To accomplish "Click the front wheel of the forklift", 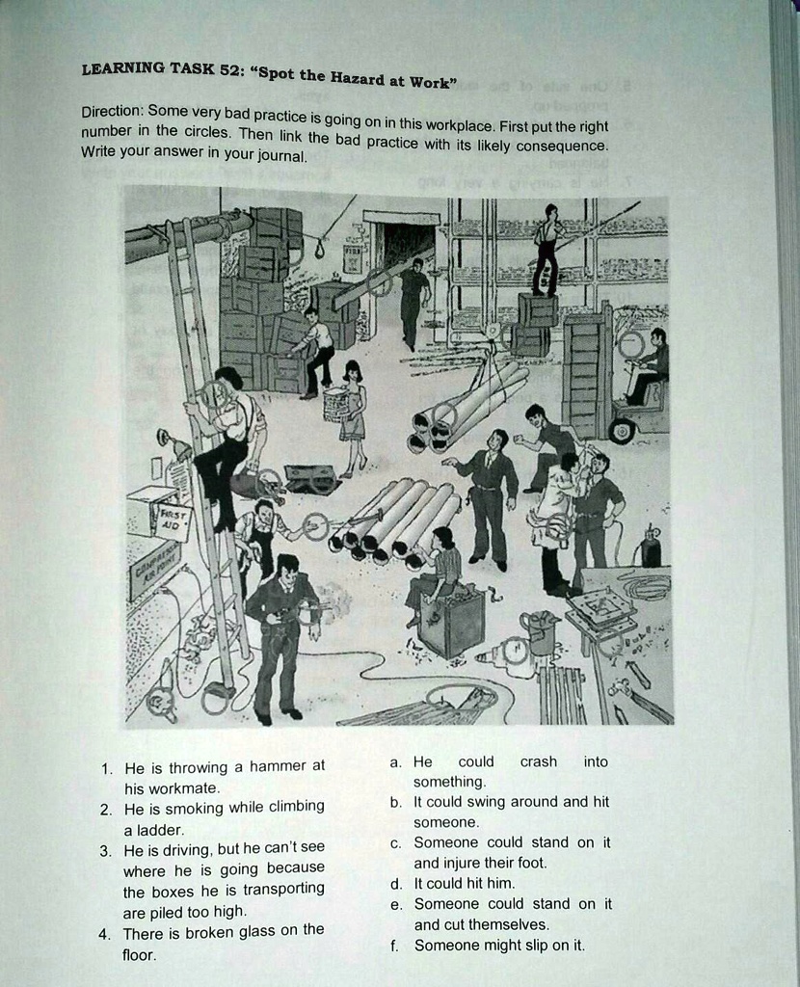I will [x=622, y=431].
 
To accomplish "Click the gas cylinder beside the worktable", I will [x=651, y=549].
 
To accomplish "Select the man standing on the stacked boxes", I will [x=547, y=249].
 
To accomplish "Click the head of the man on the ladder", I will [x=228, y=379].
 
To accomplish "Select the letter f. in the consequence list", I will [x=395, y=945].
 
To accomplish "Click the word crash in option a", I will [x=538, y=761].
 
